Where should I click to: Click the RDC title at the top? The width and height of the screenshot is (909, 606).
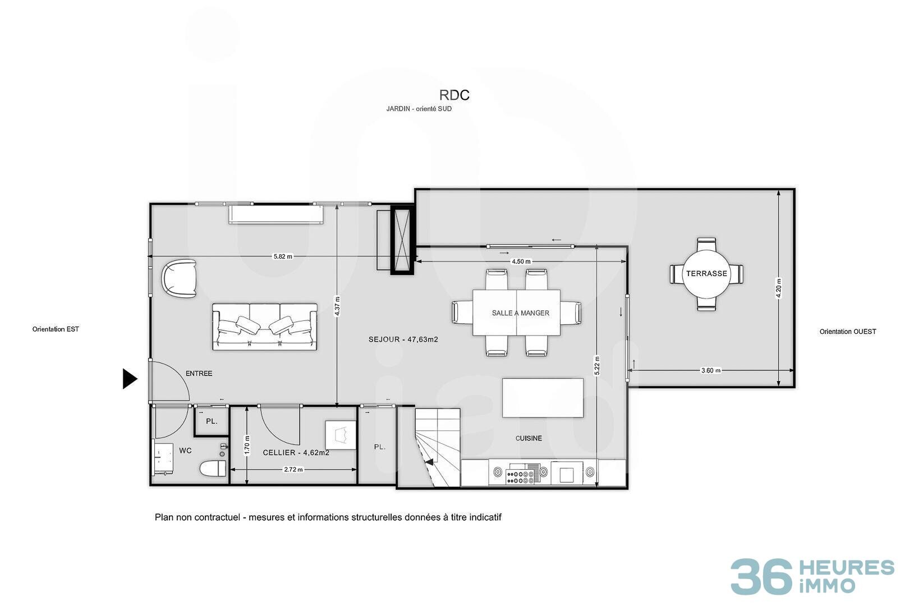(x=454, y=95)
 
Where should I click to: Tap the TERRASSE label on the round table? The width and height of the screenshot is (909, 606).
(x=706, y=274)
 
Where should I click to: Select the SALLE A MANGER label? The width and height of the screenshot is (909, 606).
(x=520, y=313)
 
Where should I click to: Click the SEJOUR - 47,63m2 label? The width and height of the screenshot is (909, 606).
(x=403, y=339)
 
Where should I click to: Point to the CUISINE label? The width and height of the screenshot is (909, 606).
(x=529, y=438)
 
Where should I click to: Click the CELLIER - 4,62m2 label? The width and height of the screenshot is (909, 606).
(x=296, y=453)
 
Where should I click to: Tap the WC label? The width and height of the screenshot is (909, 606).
(x=185, y=451)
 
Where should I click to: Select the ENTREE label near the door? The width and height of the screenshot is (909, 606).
(x=199, y=374)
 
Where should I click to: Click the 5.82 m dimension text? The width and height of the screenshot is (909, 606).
(x=282, y=256)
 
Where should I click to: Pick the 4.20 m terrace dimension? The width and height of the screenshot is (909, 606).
(x=778, y=288)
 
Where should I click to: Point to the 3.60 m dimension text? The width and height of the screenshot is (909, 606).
(x=711, y=370)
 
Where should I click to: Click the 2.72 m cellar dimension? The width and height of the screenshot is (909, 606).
(x=293, y=470)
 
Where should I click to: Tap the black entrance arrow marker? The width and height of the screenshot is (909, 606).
(x=130, y=379)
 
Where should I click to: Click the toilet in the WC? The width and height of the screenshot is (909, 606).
(x=213, y=468)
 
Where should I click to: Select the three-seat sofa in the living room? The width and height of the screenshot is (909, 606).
(x=265, y=327)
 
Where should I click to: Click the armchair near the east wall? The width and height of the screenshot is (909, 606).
(x=180, y=279)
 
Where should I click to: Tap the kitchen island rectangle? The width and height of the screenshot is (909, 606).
(x=543, y=398)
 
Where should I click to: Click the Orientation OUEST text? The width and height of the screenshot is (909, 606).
(x=848, y=332)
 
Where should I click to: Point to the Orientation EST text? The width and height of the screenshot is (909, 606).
(x=56, y=329)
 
